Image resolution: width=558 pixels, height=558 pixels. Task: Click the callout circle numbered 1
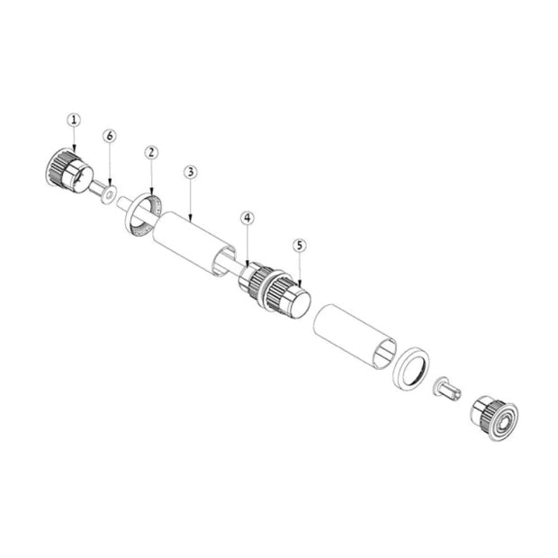pyautogui.click(x=74, y=120)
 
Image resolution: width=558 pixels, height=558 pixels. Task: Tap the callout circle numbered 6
pyautogui.click(x=110, y=136)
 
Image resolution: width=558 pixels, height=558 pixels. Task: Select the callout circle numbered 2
pyautogui.click(x=151, y=152)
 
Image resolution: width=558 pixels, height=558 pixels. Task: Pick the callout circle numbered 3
pyautogui.click(x=190, y=172)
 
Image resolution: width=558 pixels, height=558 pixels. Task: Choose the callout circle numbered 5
pyautogui.click(x=300, y=244)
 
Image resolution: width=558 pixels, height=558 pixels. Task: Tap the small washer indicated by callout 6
pyautogui.click(x=109, y=191)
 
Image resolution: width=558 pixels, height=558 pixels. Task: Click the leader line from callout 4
pyautogui.click(x=247, y=244)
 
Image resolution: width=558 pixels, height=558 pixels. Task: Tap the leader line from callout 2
pyautogui.click(x=151, y=175)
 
